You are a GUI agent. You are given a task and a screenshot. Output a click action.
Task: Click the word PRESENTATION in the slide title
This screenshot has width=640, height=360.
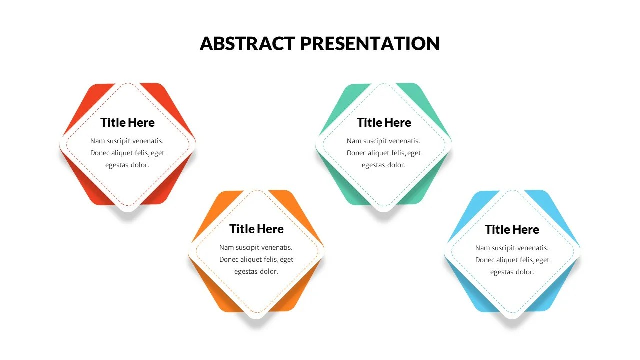click(x=370, y=43)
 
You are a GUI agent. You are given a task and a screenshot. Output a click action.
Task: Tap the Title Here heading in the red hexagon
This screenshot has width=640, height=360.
click(x=127, y=122)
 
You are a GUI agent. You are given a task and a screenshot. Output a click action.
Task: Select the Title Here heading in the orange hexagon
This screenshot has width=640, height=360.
click(x=256, y=229)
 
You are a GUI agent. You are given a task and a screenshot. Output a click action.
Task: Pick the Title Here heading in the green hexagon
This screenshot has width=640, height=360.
click(x=384, y=122)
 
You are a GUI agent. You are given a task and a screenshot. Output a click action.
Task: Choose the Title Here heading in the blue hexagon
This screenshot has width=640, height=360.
click(x=512, y=229)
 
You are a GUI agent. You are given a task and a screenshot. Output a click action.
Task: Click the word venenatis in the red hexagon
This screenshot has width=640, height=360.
click(x=146, y=141)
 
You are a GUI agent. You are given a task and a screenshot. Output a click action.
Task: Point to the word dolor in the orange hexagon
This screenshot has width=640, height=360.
click(x=268, y=272)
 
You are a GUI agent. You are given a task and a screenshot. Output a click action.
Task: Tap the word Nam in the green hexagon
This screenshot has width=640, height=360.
click(x=353, y=141)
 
